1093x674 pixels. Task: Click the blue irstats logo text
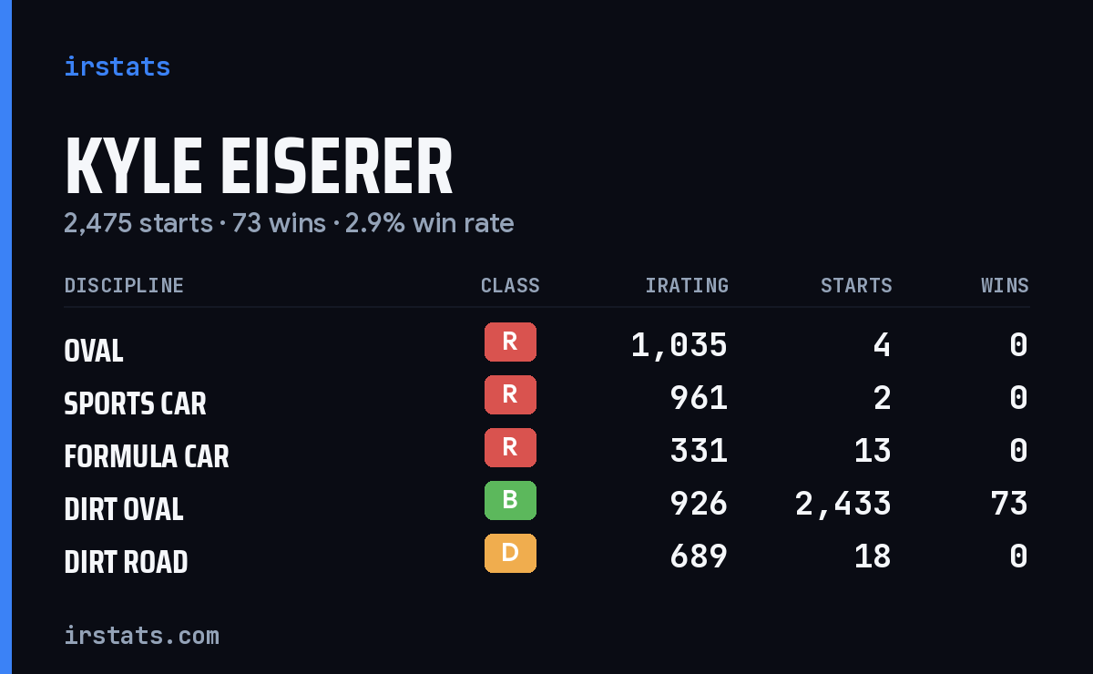117,66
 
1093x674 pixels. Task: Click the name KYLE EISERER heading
259,166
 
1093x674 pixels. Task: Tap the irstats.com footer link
141,636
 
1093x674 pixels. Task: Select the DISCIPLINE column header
124,285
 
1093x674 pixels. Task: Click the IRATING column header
687,285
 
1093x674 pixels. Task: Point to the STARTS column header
856,285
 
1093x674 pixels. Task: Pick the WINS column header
1006,285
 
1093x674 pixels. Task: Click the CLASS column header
510,285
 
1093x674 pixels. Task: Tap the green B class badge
510,500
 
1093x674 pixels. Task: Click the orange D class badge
510,553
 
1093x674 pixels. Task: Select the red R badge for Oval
510,342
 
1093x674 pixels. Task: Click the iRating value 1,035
679,345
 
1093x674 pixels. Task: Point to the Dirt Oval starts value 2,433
843,504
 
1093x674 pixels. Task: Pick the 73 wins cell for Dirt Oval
1009,504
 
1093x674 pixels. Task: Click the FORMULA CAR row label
147,457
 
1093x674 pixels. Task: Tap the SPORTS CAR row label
135,404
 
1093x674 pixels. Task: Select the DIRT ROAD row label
126,562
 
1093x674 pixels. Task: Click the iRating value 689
699,557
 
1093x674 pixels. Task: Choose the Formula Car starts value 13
873,451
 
